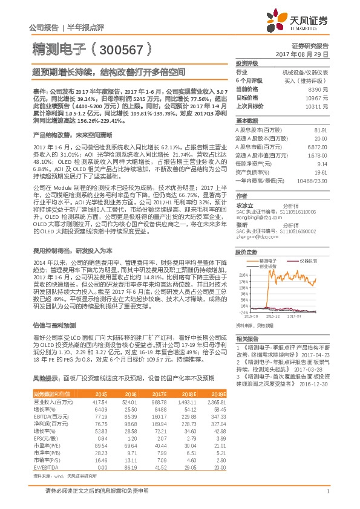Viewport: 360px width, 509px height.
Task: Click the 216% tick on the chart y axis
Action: point(241,274)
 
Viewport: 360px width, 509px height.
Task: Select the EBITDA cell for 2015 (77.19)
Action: point(99,417)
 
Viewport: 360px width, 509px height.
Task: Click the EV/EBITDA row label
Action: point(45,467)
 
